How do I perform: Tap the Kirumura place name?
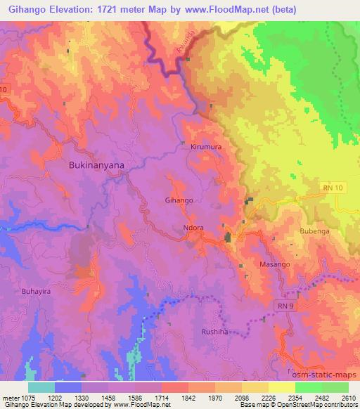coord(206,148)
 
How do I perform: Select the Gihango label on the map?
coord(179,200)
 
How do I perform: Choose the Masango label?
coord(274,264)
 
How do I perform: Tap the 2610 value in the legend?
coord(348,397)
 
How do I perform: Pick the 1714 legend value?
coord(162,397)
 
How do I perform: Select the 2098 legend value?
coord(241,397)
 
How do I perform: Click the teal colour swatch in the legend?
coord(41,387)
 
